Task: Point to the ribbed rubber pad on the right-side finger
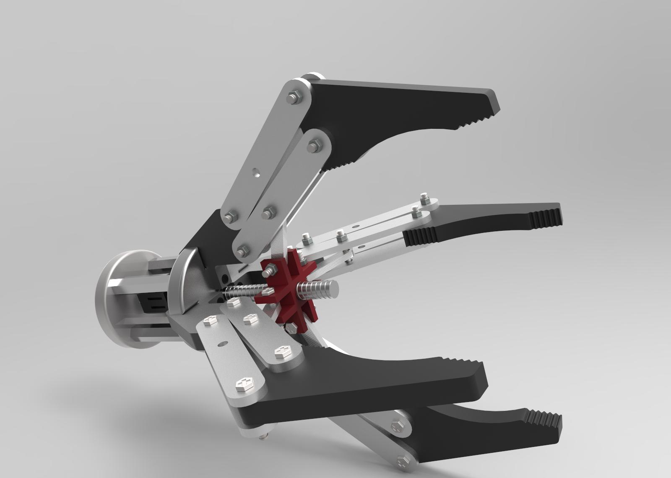pyautogui.click(x=545, y=219)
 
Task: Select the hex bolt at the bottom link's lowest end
pyautogui.click(x=402, y=462)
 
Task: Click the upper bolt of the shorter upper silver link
pyautogui.click(x=313, y=147)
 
